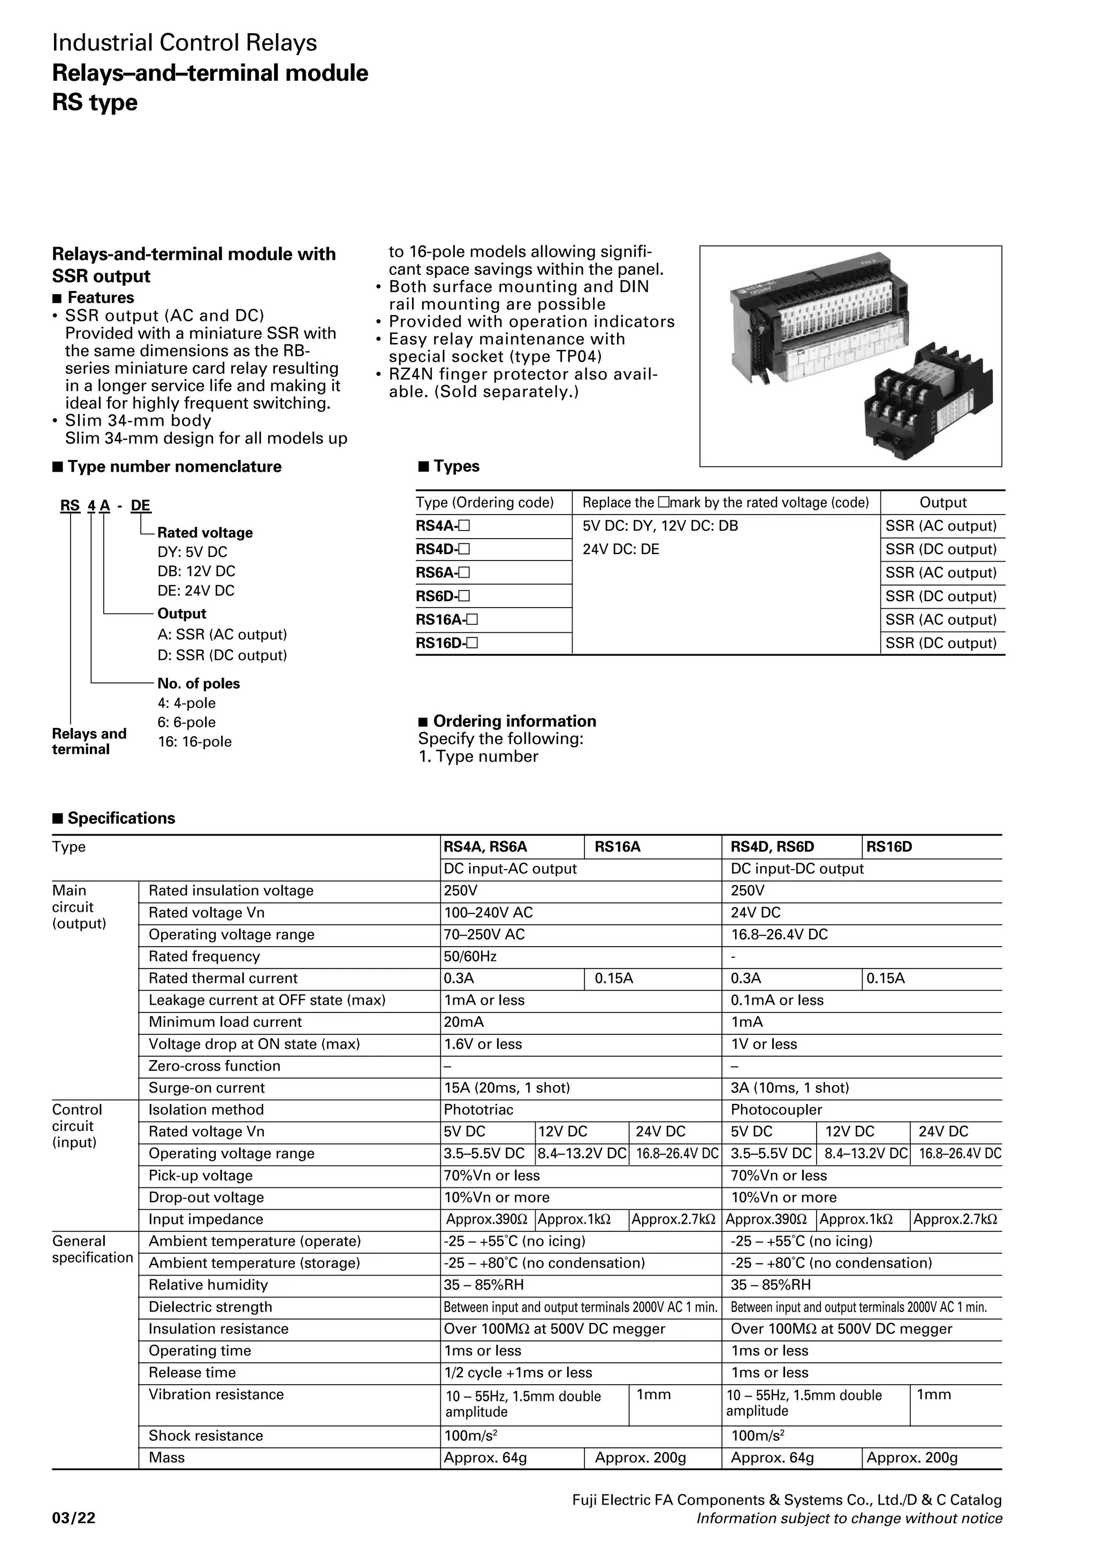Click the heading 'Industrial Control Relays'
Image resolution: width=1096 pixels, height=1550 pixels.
coord(184,43)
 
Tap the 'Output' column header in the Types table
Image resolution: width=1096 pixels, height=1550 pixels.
coord(943,502)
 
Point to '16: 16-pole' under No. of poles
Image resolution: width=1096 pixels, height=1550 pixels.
coord(194,741)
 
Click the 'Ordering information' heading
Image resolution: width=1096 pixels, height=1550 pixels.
coord(514,721)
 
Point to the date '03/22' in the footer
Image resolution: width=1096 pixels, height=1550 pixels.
coord(74,1519)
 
